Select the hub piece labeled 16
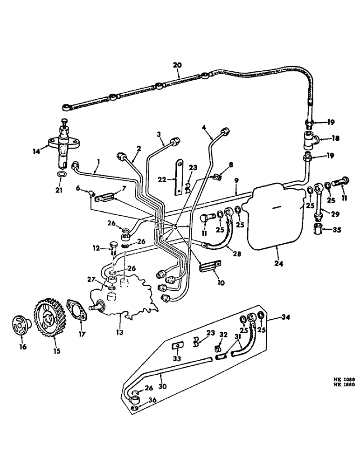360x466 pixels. (x=22, y=325)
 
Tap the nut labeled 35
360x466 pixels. (x=320, y=229)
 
